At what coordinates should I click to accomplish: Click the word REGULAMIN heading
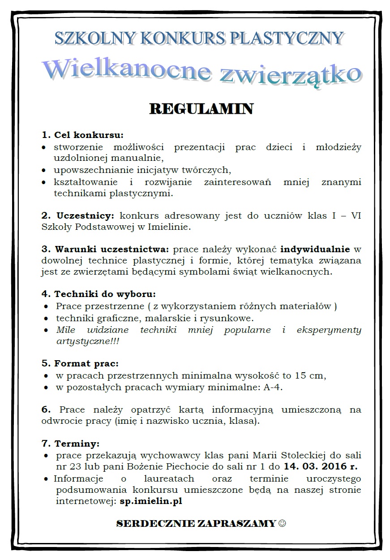(x=201, y=109)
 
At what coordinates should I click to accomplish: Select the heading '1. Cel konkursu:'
(x=82, y=135)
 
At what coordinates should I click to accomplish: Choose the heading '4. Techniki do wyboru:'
(x=99, y=294)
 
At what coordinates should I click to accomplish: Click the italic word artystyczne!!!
(x=88, y=341)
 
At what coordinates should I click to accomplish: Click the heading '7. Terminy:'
(x=70, y=444)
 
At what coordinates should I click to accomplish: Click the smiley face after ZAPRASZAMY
(x=282, y=523)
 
